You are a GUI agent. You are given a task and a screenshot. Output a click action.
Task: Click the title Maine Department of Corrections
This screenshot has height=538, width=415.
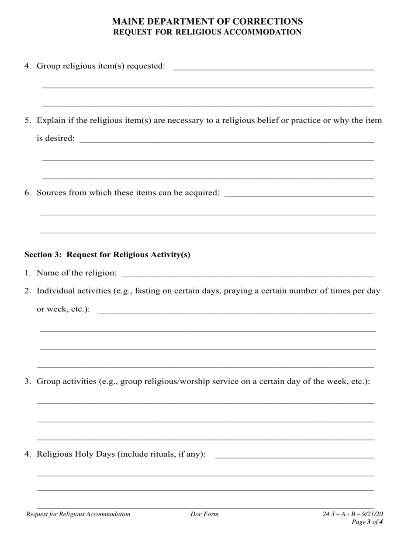(x=207, y=21)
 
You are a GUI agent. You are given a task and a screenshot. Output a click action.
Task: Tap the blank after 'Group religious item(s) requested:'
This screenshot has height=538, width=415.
(x=273, y=67)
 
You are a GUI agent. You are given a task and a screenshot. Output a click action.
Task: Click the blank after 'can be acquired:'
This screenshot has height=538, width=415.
(x=299, y=194)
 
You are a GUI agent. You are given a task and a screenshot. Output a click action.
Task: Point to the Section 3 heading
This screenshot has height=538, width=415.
(x=107, y=255)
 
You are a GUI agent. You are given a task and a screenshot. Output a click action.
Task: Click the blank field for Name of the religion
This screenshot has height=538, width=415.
(x=247, y=274)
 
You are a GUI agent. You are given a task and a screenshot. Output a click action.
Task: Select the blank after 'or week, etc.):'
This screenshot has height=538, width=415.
(x=236, y=310)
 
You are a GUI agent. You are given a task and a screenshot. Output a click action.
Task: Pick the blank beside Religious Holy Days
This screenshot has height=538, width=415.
(x=295, y=455)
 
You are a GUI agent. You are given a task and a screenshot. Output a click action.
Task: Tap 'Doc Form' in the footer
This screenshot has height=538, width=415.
(x=204, y=514)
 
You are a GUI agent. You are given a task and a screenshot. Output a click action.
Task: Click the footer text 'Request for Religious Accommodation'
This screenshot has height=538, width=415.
(x=78, y=514)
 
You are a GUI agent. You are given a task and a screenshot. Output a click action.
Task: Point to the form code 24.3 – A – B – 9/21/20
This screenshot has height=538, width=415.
(x=353, y=514)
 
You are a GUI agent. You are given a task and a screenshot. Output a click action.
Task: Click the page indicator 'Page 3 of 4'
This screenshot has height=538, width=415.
(x=367, y=522)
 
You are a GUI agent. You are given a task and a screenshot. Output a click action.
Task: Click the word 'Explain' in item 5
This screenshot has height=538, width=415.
(x=51, y=120)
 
